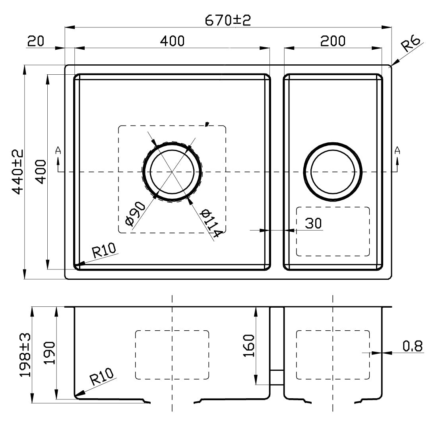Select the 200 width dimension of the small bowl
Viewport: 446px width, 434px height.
333,41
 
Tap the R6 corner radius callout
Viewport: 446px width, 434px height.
410,44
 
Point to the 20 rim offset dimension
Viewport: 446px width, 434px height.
35,41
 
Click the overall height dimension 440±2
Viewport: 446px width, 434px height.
17,172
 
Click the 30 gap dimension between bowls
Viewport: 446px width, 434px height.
313,223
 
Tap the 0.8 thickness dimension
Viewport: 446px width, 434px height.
413,346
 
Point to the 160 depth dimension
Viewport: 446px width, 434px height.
248,346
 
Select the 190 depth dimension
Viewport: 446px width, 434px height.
49,353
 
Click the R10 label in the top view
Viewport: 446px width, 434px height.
103,250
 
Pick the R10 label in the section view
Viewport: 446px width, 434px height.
102,377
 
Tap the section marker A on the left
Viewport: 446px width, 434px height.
58,151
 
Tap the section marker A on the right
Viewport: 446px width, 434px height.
397,151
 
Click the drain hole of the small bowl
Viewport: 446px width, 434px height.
333,172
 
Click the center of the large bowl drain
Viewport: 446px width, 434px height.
172,172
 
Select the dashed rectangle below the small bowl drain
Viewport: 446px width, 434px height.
333,231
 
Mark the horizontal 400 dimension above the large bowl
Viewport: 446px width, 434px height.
172,41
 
